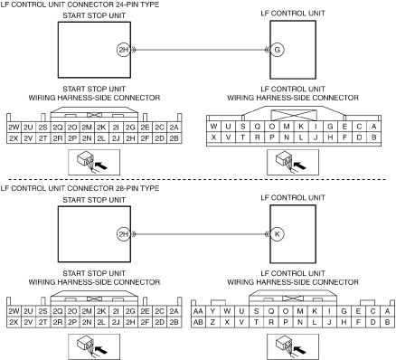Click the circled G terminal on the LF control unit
pyautogui.click(x=278, y=50)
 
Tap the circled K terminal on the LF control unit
pyautogui.click(x=278, y=234)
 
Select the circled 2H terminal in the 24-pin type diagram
pyautogui.click(x=124, y=50)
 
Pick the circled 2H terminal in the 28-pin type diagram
pyautogui.click(x=124, y=234)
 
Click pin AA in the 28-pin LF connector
pyautogui.click(x=198, y=311)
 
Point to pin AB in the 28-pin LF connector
pyautogui.click(x=198, y=322)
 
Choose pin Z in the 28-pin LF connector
pyautogui.click(x=212, y=322)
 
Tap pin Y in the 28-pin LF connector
pyautogui.click(x=212, y=311)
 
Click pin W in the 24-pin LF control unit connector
pyautogui.click(x=213, y=127)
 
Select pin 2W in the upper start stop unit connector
pyautogui.click(x=14, y=128)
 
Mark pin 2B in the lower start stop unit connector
pyautogui.click(x=174, y=322)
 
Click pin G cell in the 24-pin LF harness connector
pyautogui.click(x=330, y=127)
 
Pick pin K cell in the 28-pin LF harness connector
pyautogui.click(x=315, y=311)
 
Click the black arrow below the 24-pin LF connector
pyautogui.click(x=299, y=166)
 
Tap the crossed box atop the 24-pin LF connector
pyautogui.click(x=294, y=115)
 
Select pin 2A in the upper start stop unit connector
pyautogui.click(x=174, y=128)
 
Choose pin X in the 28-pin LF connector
pyautogui.click(x=227, y=322)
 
